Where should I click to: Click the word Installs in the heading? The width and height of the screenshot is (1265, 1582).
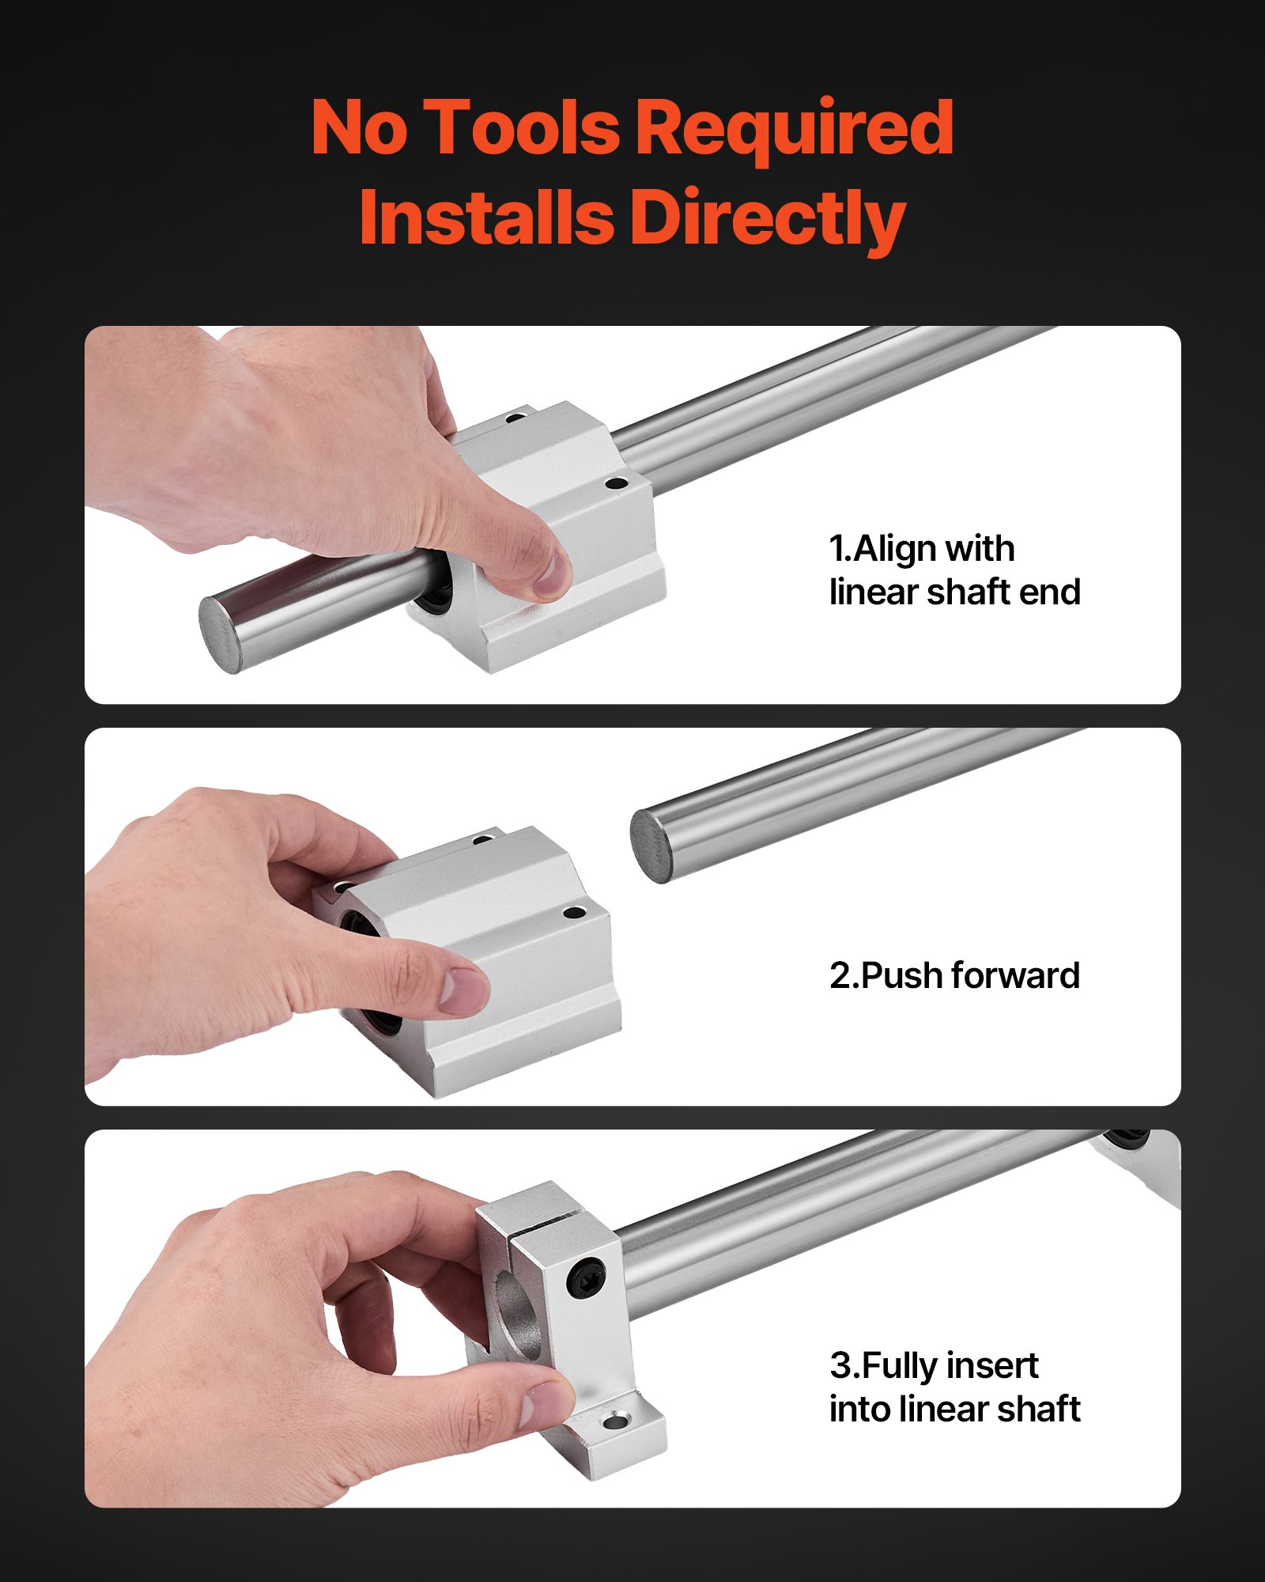[486, 218]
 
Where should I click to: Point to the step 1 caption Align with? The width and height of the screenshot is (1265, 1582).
[922, 548]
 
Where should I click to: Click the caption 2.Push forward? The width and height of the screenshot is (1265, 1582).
[954, 975]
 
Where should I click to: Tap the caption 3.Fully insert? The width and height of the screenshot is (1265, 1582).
[934, 1365]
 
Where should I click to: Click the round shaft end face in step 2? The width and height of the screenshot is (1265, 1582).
[651, 846]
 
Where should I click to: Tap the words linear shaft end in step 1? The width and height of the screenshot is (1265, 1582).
[954, 592]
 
